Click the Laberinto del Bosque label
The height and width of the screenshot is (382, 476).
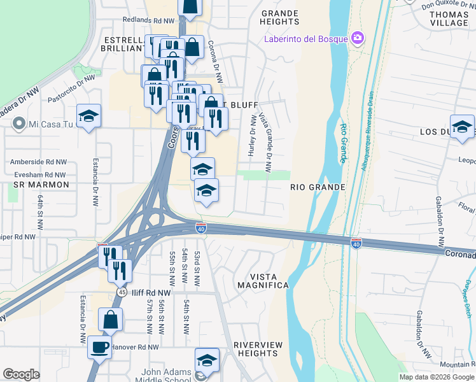(x=307, y=39)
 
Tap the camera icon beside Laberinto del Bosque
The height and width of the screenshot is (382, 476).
(x=358, y=38)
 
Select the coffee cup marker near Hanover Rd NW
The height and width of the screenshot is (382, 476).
(x=99, y=348)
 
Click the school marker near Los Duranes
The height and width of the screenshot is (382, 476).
(x=462, y=126)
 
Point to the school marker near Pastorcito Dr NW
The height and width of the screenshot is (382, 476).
(x=88, y=116)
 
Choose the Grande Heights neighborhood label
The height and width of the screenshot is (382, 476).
(x=279, y=17)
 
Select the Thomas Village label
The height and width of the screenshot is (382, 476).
(x=449, y=18)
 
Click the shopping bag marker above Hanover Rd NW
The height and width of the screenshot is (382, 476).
(x=110, y=320)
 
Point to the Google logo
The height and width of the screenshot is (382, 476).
(x=22, y=374)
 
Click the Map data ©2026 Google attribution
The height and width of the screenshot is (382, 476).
(x=436, y=377)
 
